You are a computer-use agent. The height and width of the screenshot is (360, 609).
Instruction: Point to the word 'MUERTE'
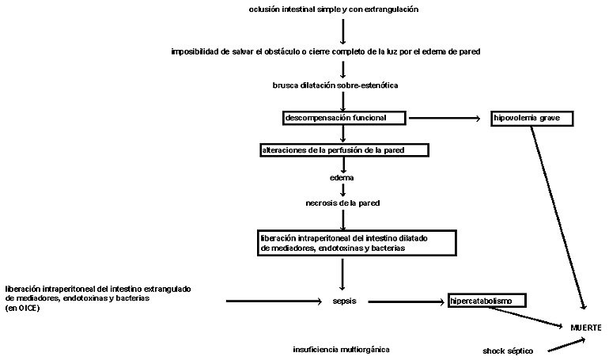[x=586, y=328]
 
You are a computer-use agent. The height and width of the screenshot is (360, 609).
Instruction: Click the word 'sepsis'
[x=345, y=301]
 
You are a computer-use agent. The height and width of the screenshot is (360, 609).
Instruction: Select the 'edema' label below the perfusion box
[x=342, y=178]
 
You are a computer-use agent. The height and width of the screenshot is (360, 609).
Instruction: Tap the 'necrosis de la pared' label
[x=342, y=203]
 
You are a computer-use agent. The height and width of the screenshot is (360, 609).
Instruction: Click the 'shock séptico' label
[x=508, y=351]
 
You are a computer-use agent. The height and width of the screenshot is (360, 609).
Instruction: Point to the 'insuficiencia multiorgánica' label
[x=341, y=350]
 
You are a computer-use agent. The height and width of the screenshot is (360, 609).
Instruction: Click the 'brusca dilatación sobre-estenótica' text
[x=335, y=85]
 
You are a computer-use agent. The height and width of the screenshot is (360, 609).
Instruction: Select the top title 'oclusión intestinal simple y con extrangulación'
[x=334, y=9]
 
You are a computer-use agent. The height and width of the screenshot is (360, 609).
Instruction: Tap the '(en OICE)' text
[x=22, y=309]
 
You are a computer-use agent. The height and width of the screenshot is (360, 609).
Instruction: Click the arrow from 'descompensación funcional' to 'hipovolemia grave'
[x=444, y=118]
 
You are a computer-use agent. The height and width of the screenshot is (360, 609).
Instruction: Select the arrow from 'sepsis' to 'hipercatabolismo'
[x=407, y=301]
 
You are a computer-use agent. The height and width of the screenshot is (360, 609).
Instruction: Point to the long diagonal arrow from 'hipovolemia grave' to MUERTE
[x=558, y=218]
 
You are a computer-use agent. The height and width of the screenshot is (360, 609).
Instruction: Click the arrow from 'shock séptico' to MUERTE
[x=566, y=345]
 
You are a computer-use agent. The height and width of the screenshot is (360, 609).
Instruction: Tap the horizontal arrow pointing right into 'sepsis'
[x=274, y=301]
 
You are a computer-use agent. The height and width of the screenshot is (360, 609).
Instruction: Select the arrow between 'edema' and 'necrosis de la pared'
[x=342, y=191]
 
